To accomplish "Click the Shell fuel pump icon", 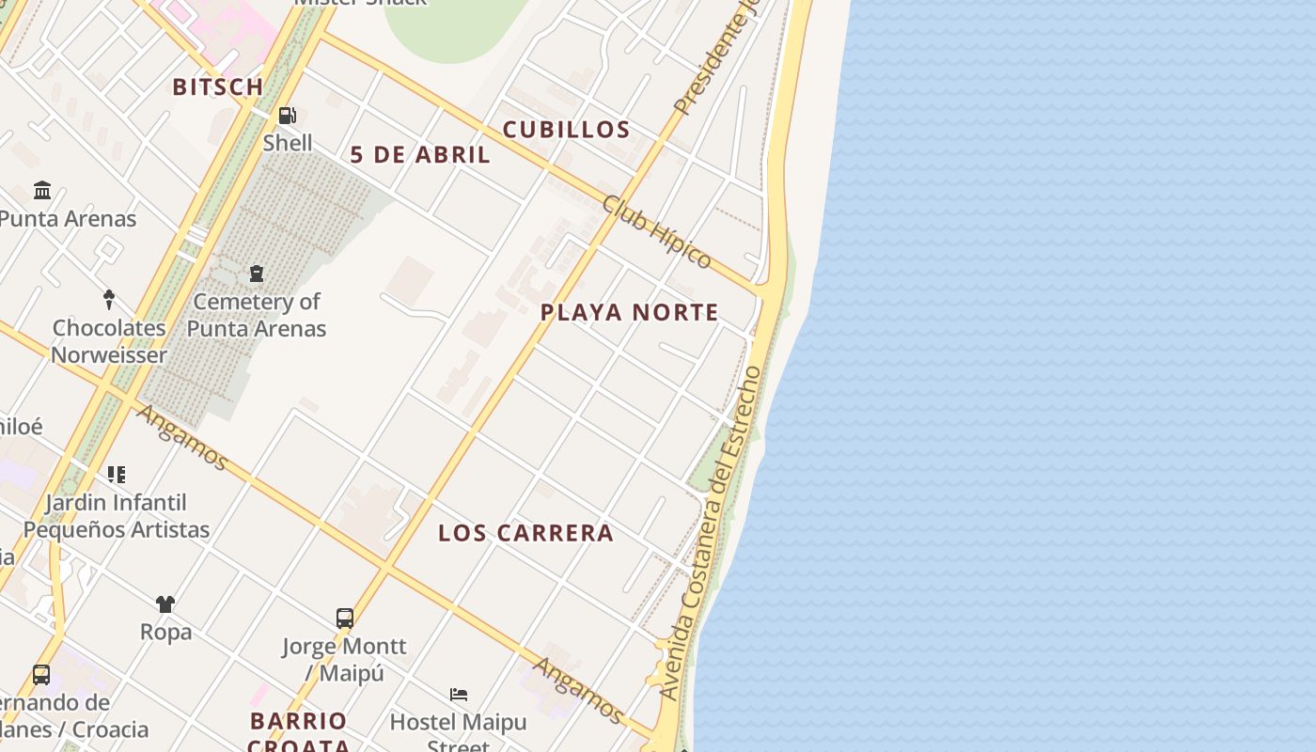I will [287, 116].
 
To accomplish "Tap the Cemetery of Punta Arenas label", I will [256, 315].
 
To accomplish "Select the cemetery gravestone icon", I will [256, 274].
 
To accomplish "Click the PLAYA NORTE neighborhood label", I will [629, 313].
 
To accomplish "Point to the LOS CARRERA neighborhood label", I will [525, 533].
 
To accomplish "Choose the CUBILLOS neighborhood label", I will [566, 130].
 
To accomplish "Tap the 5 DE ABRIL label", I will [420, 155].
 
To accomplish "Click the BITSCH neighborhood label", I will [218, 87].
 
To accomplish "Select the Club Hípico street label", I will [656, 231].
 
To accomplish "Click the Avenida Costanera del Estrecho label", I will [712, 533].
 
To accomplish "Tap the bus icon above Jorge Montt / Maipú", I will [345, 618].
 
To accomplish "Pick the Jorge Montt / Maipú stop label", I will [344, 660].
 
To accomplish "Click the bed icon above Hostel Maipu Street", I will [459, 694].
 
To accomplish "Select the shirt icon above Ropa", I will [165, 603].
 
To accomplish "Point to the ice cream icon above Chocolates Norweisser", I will [109, 300].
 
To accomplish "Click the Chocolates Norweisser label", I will [109, 341].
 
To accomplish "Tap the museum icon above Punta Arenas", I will [42, 191].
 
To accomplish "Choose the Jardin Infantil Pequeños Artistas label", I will [117, 516].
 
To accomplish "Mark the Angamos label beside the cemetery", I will [181, 437].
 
